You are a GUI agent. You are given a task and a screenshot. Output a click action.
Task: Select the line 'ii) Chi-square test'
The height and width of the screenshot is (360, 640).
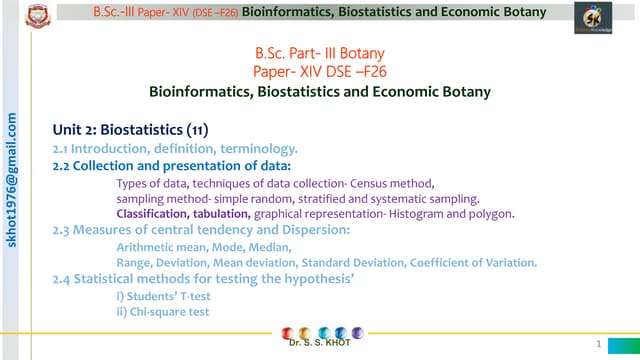point(163,311)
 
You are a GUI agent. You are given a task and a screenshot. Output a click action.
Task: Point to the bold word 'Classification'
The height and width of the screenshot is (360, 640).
point(150,214)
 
